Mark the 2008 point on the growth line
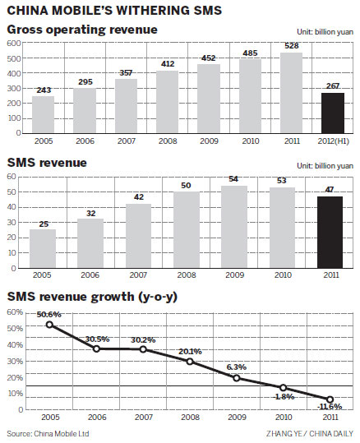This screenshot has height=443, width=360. click(191, 362)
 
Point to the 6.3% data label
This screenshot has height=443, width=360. click(238, 367)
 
